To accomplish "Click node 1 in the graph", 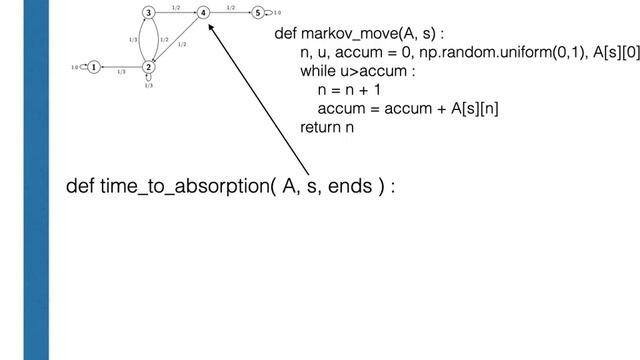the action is [93, 68].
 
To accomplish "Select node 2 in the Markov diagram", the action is [148, 68].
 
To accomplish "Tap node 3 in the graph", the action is [148, 13].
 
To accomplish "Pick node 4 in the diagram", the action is [203, 13].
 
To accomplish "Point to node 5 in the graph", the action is [258, 13].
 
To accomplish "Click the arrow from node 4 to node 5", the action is [231, 13].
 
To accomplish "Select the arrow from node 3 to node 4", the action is [176, 13].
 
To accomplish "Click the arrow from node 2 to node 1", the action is [121, 68].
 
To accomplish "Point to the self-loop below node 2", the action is [148, 80].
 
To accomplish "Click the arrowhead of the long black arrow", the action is [210, 24].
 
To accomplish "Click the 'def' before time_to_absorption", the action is [80, 188].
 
